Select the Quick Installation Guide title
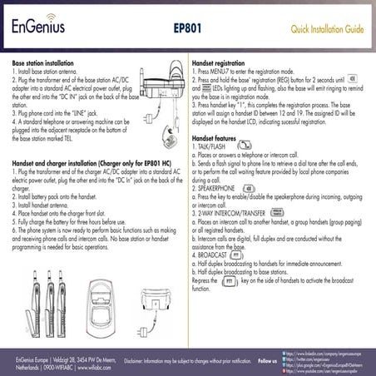click(x=327, y=29)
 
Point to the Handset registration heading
click(x=218, y=63)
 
